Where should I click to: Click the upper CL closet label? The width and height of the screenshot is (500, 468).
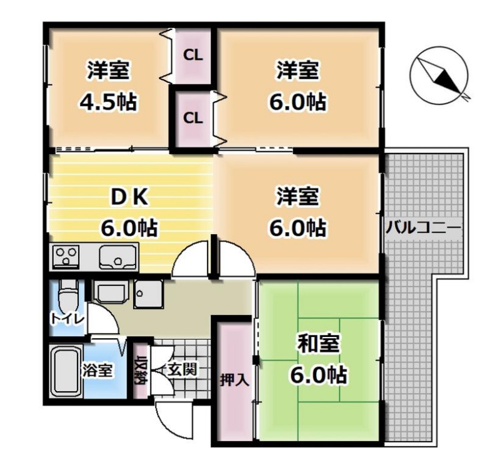click(x=193, y=56)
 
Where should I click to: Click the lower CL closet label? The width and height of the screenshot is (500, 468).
click(x=193, y=118)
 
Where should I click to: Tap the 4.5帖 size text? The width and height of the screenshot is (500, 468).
click(x=108, y=102)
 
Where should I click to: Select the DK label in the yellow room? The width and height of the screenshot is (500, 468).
click(x=129, y=197)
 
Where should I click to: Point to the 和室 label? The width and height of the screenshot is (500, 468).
click(x=318, y=343)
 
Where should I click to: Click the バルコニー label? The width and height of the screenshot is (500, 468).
click(x=424, y=228)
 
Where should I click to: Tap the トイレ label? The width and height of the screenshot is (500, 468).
click(x=68, y=319)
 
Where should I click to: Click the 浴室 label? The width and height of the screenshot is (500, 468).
click(x=97, y=370)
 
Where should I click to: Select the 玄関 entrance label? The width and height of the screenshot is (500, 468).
click(x=181, y=369)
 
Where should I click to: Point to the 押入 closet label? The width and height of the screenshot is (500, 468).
click(x=234, y=380)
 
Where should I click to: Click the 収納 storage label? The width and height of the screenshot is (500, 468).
click(x=140, y=370)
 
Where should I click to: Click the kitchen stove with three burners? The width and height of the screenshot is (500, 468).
click(x=66, y=257)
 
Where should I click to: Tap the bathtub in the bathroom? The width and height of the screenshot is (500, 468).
click(x=66, y=372)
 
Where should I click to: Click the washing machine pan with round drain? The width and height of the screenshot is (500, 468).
click(x=149, y=294)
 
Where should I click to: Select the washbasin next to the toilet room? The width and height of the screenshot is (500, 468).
click(x=111, y=291)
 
